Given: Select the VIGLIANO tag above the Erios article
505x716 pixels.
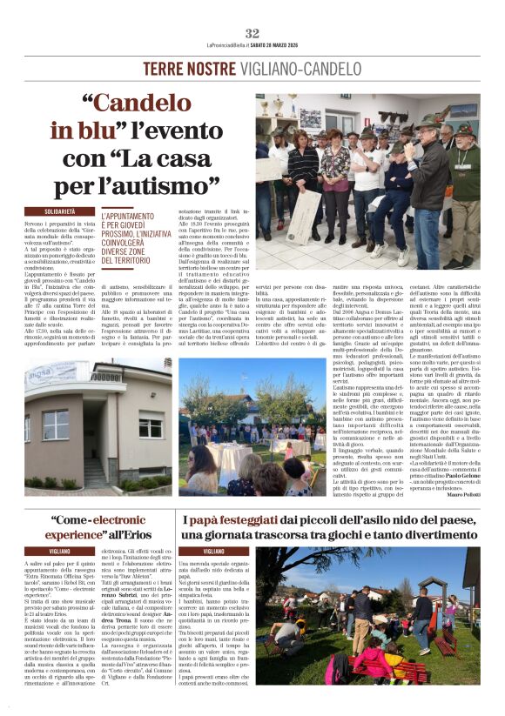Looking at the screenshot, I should pyautogui.click(x=60, y=552).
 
